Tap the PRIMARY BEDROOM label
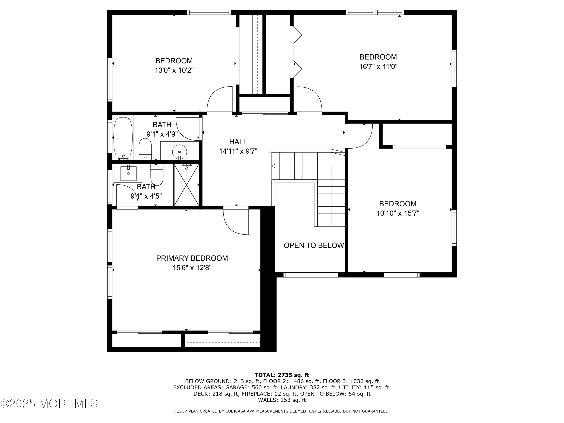tap(192, 258)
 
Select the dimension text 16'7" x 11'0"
tap(378, 67)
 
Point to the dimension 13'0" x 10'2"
tap(174, 70)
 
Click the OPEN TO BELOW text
tap(314, 245)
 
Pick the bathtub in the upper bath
tap(123, 138)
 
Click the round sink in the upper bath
tap(180, 152)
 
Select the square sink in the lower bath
tap(128, 173)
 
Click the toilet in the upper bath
tap(145, 149)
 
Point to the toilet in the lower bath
tap(157, 175)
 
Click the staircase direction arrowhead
tap(274, 166)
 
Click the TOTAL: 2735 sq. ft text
tap(282, 375)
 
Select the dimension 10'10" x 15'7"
tap(398, 213)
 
